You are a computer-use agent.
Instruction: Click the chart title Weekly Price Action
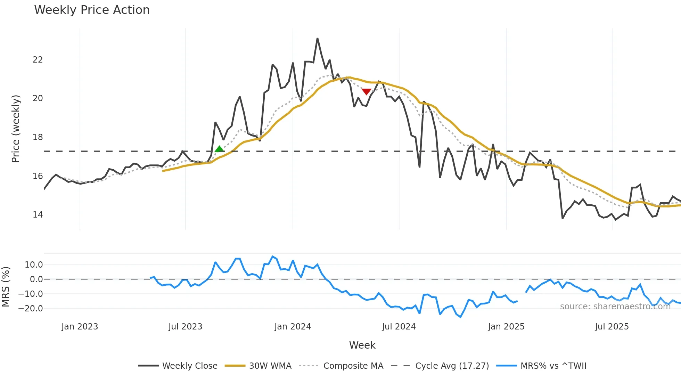[x=92, y=10]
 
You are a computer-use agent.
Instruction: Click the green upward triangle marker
[x=219, y=149]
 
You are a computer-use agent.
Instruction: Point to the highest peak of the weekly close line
[x=317, y=39]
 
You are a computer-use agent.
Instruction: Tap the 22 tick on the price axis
[x=38, y=60]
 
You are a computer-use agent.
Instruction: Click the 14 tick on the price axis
[x=38, y=215]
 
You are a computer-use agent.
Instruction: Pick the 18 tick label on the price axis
[x=38, y=137]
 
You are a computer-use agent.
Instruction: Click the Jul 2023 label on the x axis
[x=185, y=327]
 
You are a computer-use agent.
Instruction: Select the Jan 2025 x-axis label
[x=506, y=327]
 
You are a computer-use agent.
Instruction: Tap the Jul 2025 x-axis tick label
[x=612, y=327]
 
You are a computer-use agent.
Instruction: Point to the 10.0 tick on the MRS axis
[x=34, y=265]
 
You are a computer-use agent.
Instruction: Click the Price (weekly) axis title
[x=16, y=129]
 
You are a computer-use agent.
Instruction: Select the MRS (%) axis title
[x=6, y=287]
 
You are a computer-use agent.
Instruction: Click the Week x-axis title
[x=362, y=345]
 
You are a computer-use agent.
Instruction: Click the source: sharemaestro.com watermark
[x=615, y=307]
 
